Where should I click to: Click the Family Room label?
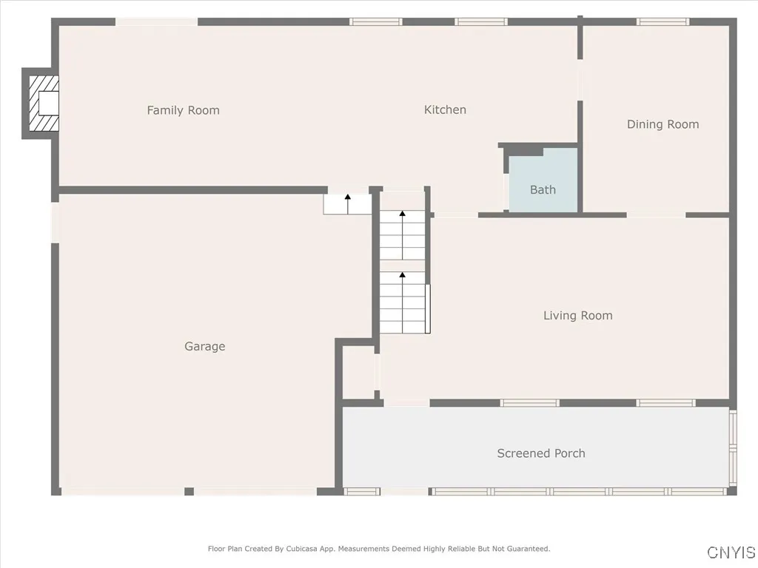point(183,110)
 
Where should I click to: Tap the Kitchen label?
point(445,109)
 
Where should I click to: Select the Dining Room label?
point(663,124)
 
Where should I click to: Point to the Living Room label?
point(577,316)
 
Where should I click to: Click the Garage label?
point(204,346)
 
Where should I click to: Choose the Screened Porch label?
point(540,453)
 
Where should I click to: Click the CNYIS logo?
point(731,552)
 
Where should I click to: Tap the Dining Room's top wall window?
point(663,21)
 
